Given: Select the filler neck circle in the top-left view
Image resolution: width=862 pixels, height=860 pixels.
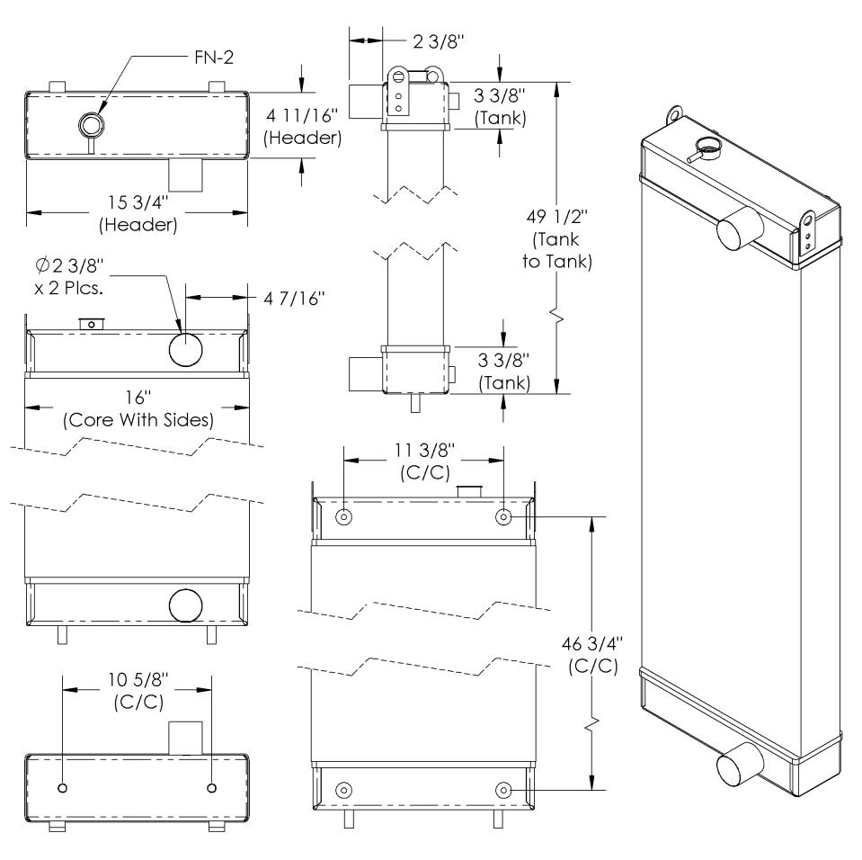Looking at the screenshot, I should pos(91,122).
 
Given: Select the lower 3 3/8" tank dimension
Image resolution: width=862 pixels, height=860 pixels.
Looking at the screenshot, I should pos(500,370).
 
